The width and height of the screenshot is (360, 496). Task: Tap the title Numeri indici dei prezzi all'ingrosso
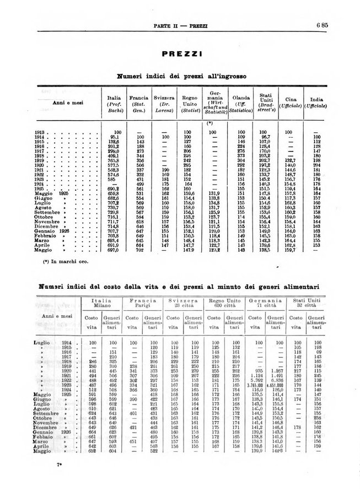click(181, 76)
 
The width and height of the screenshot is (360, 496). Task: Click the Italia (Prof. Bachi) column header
click(114, 105)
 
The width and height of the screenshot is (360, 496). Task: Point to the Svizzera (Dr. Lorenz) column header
click(164, 105)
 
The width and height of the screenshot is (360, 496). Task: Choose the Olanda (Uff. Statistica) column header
click(240, 105)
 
